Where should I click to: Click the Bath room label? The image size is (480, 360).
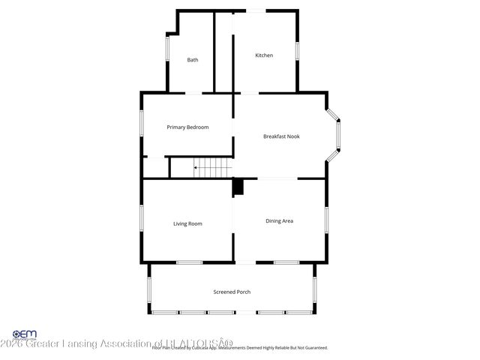tap(193, 60)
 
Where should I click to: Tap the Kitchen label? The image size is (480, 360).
tap(264, 55)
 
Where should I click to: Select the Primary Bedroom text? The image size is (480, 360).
tap(187, 127)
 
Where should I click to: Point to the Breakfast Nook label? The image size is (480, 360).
tap(281, 136)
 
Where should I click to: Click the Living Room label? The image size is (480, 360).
tap(187, 223)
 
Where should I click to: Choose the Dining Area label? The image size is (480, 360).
tap(279, 220)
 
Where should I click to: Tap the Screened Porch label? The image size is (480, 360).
tap(232, 292)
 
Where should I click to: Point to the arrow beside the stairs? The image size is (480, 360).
tap(197, 168)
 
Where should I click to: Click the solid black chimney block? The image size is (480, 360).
tap(238, 187)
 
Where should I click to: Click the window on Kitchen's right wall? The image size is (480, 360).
tap(297, 50)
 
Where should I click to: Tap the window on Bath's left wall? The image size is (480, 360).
tap(166, 54)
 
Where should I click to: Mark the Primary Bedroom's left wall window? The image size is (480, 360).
tap(142, 124)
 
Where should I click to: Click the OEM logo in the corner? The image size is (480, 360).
tap(24, 334)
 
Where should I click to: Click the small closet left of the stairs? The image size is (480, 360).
tap(155, 168)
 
